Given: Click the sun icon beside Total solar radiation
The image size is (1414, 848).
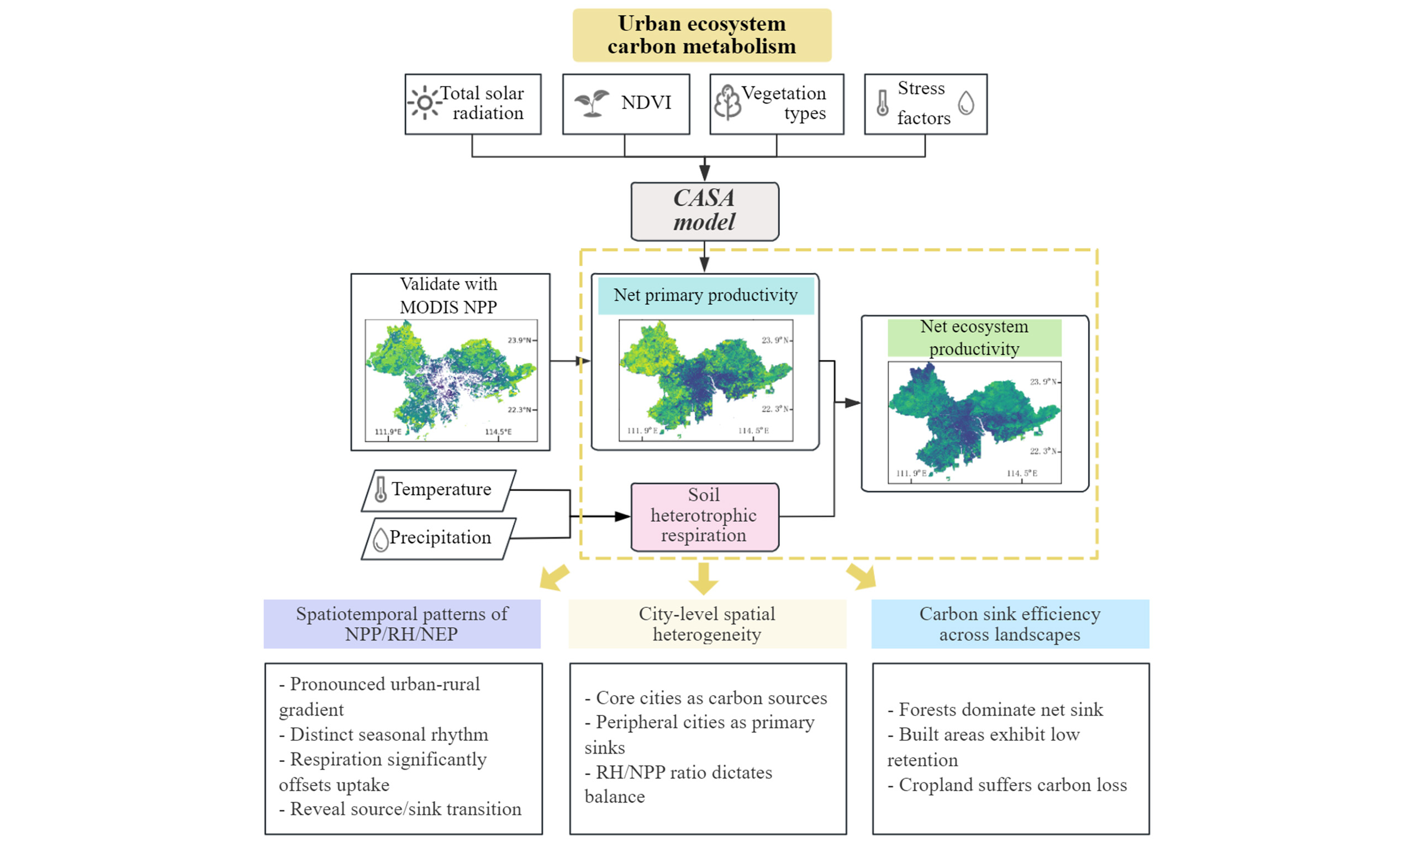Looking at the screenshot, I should tap(424, 103).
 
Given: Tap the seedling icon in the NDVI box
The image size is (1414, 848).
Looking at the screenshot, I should tap(592, 103).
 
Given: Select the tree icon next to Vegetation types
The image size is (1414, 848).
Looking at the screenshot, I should tap(727, 102).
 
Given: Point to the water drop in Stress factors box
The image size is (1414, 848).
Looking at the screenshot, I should tap(966, 103).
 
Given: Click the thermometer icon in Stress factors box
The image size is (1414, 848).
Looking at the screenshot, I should tap(883, 103).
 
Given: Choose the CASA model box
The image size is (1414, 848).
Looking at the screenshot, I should tap(704, 211).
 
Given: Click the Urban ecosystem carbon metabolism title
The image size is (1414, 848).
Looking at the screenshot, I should tap(701, 35).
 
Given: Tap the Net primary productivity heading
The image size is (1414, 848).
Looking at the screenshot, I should tap(705, 295).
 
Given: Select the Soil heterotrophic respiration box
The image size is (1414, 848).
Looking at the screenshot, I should tap(704, 517).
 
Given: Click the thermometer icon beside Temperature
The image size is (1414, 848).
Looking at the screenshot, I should tap(380, 490).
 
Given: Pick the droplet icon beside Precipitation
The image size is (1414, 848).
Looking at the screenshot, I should tap(380, 539).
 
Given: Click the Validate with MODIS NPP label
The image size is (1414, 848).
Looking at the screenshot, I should tap(449, 295).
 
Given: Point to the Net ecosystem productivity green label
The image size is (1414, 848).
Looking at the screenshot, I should tap(974, 338).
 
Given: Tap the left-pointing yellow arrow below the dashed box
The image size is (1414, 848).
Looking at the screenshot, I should tap(553, 577).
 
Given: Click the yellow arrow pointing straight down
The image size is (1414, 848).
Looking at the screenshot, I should tap(703, 578).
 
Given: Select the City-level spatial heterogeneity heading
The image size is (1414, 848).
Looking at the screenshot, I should tap(707, 623).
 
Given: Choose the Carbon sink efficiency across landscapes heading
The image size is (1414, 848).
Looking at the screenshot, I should tap(1009, 623).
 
